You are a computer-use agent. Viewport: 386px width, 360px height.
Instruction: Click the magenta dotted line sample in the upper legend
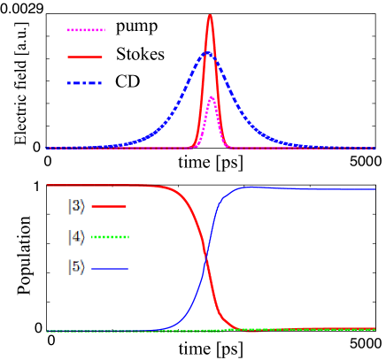pos(86,30)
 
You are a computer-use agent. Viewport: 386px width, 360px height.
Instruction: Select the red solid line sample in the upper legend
pos(85,57)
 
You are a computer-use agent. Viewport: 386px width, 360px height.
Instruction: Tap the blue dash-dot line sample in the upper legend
pos(85,83)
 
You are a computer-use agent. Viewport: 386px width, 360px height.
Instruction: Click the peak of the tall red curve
pos(210,15)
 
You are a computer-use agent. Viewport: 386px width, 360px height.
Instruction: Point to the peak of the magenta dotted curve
pos(211,96)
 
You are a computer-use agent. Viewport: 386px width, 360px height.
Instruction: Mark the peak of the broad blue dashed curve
pos(206,53)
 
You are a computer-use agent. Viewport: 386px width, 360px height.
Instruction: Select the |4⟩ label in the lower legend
pos(77,237)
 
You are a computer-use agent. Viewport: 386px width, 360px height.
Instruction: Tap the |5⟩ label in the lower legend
pos(77,267)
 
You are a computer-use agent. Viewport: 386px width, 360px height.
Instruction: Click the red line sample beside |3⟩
pos(109,207)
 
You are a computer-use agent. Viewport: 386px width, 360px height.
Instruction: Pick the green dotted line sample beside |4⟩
pos(110,237)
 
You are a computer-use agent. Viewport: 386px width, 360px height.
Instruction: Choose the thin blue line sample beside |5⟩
pos(110,268)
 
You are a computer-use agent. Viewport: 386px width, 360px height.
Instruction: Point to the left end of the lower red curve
pos(47,186)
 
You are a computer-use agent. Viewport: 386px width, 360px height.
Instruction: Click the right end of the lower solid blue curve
pos(374,189)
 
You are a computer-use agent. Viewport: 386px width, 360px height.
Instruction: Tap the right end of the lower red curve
pos(374,329)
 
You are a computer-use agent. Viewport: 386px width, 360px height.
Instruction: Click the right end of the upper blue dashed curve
pos(374,148)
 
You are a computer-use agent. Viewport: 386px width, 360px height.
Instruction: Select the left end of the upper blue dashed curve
pos(47,148)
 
